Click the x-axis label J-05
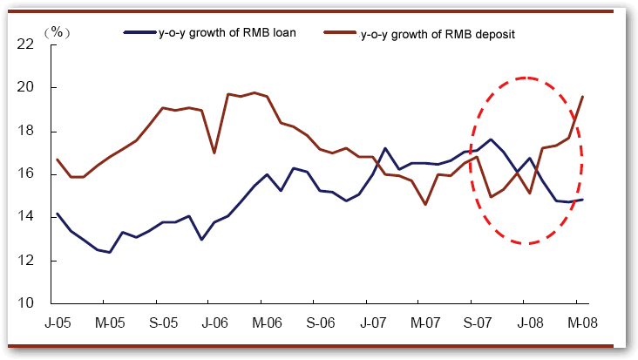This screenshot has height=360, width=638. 58,323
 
